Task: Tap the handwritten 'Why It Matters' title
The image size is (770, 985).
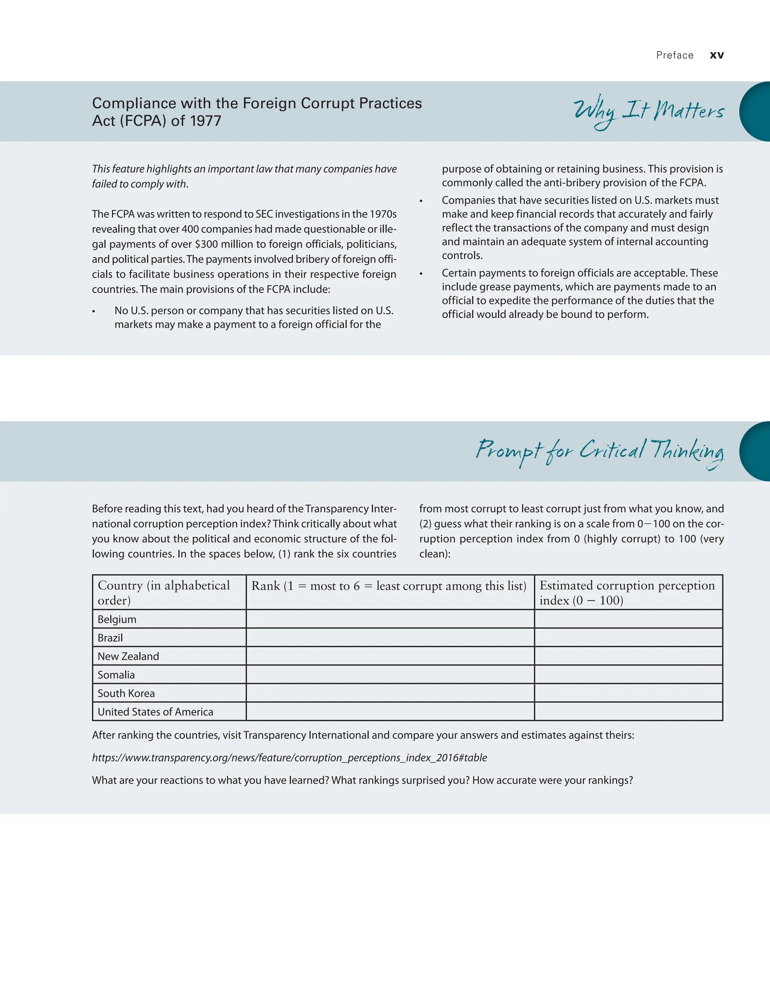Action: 648,111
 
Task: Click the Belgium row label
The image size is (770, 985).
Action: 117,619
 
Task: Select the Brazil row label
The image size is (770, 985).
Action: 110,638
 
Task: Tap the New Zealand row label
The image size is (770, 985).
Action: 128,656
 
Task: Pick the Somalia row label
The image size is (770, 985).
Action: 116,675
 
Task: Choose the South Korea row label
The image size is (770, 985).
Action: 126,693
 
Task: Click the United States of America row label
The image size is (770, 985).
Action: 155,712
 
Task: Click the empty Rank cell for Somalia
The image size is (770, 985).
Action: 390,675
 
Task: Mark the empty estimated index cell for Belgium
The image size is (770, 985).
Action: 628,619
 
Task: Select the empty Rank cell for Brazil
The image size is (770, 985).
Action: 390,638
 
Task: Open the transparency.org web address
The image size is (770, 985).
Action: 289,758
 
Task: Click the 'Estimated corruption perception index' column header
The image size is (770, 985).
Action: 627,593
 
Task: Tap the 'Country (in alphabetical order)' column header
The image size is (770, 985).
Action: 163,593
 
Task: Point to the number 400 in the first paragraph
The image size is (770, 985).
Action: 190,229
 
